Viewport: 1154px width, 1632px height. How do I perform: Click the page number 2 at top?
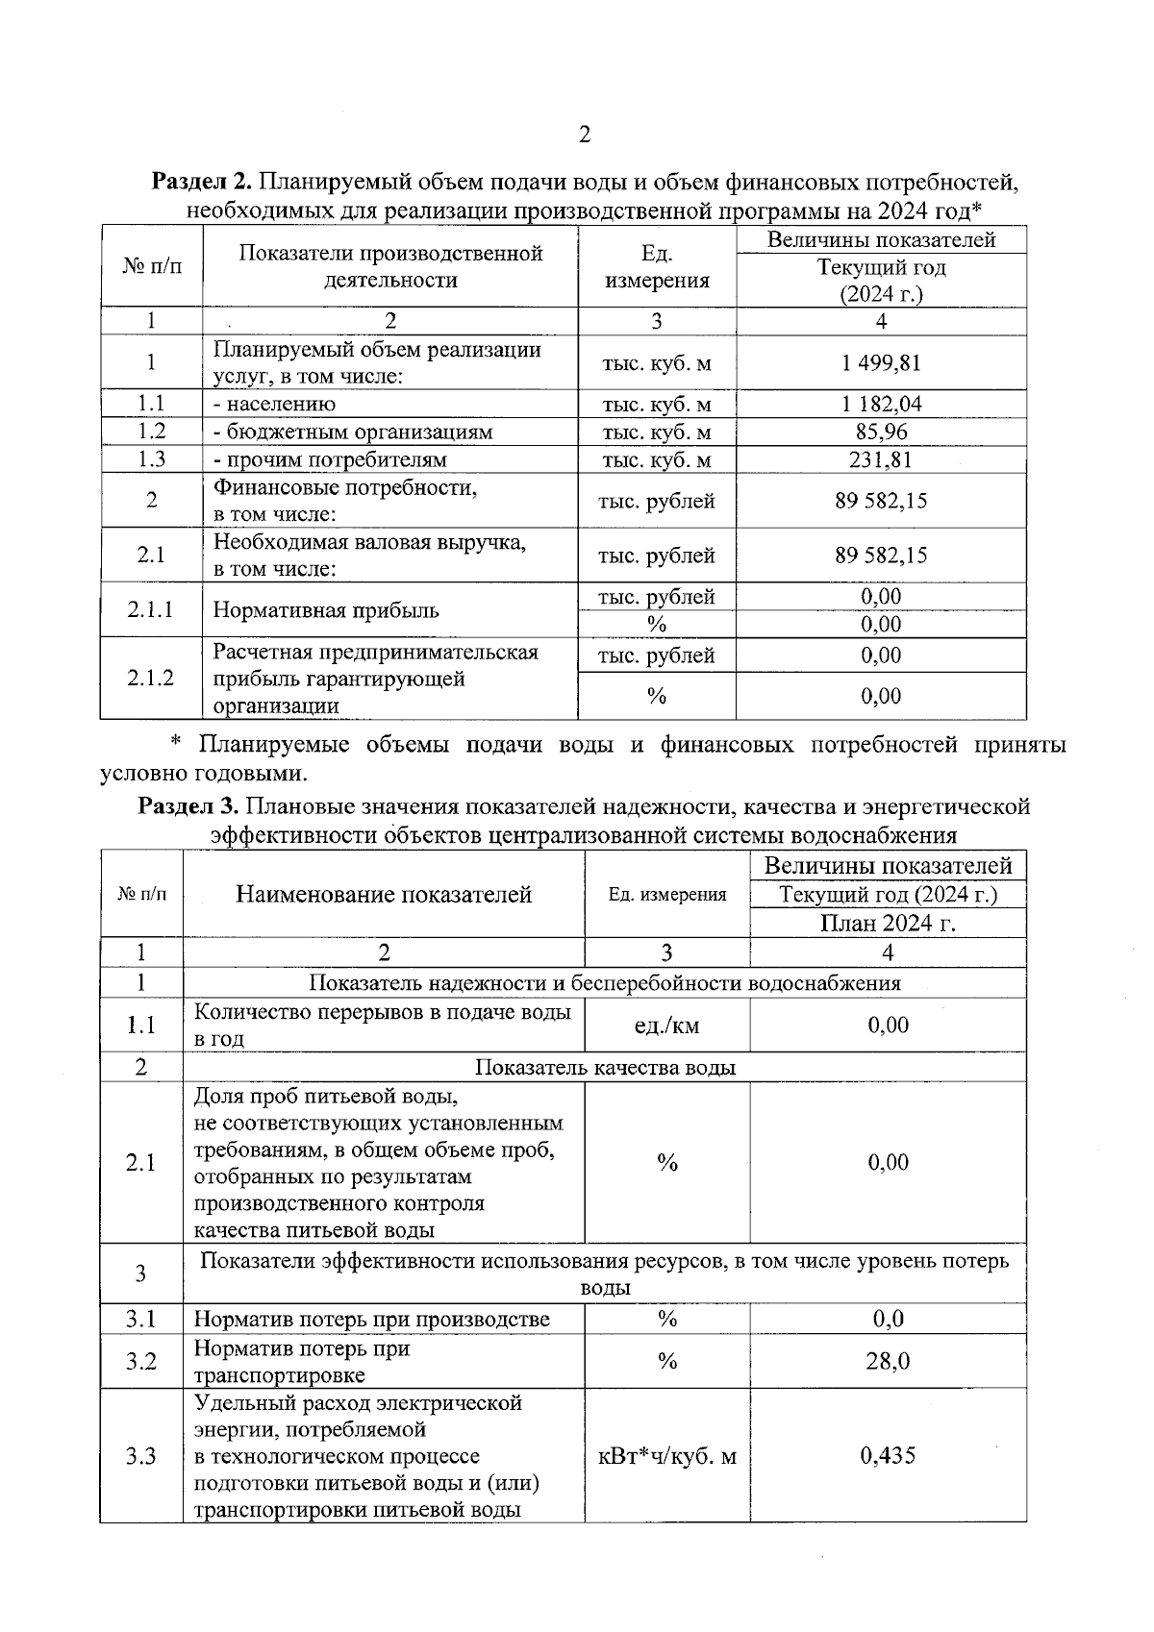584,135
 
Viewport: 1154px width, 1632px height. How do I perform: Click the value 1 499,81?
881,363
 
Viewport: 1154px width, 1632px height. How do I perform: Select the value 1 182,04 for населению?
881,405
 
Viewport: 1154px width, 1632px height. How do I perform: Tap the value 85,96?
881,433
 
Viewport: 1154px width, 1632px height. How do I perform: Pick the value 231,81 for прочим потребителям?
881,460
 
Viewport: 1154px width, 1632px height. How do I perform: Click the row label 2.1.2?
151,679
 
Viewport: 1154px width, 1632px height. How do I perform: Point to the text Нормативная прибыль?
326,611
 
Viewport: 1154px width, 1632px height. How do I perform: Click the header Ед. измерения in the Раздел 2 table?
656,267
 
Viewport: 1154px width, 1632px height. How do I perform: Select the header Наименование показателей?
384,895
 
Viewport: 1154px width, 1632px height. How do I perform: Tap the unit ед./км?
666,1026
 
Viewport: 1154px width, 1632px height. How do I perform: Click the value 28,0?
888,1362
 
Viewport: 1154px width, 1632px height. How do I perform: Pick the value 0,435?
888,1456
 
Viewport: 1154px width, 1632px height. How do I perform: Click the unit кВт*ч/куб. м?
666,1456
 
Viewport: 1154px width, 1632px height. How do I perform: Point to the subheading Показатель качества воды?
605,1068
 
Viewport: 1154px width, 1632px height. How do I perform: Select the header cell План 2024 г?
888,925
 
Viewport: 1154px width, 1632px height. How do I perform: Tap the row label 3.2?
140,1362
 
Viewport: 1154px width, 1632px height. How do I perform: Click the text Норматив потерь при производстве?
372,1320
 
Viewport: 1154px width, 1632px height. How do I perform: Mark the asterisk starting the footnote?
176,745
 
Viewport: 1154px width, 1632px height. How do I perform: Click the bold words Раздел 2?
203,181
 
